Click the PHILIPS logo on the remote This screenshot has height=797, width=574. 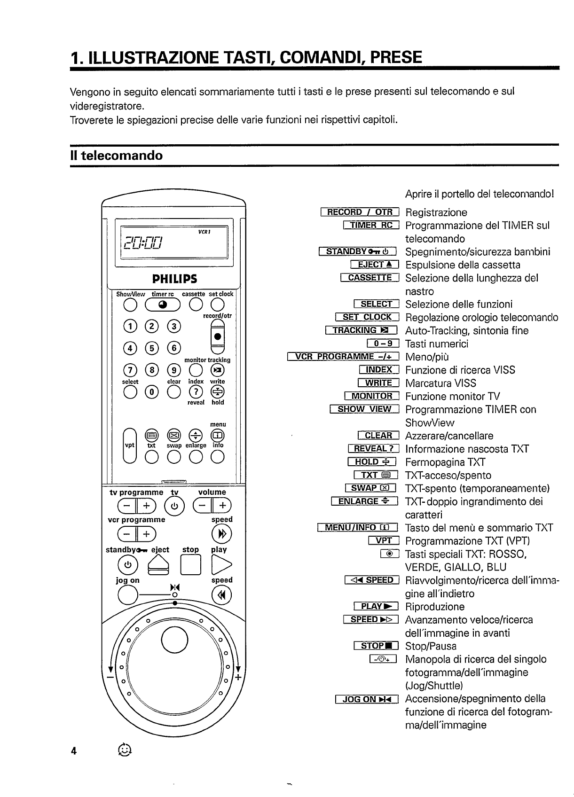174,279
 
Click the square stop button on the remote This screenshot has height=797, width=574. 190,565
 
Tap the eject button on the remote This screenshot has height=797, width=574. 159,564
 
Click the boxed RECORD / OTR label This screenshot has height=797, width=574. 359,212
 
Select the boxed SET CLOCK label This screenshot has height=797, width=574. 367,317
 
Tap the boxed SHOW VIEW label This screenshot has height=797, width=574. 364,409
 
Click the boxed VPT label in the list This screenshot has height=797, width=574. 384,541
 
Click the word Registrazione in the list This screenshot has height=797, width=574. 436,212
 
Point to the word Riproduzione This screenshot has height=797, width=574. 435,607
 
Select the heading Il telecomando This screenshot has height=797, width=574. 116,156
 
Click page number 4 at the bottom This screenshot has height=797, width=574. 73,750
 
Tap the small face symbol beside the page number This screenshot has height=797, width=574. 125,750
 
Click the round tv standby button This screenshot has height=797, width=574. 173,506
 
